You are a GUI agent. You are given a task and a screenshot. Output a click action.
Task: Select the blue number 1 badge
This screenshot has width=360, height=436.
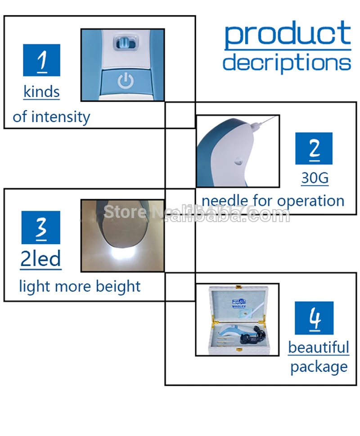41,60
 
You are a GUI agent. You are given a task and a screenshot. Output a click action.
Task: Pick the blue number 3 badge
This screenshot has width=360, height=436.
41,227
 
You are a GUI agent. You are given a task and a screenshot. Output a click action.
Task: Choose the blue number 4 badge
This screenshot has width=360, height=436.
314,318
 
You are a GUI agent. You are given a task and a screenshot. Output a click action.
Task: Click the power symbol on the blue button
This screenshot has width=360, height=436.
126,81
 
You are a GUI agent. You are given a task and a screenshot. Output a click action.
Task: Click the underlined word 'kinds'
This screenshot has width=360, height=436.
41,92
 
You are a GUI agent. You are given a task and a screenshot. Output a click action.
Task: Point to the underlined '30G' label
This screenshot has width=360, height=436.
315,178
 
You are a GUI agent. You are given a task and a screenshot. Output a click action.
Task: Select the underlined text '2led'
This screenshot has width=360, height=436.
40,259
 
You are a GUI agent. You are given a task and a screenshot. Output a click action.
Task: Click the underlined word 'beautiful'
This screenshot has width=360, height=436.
319,347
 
